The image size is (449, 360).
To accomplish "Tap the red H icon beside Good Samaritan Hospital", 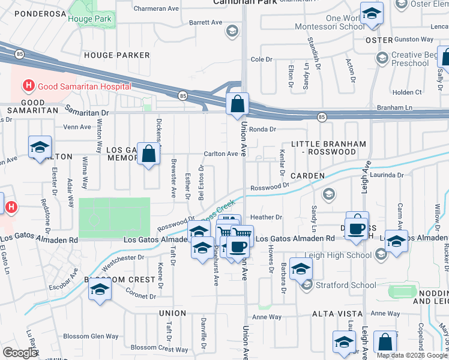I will click(x=28, y=86).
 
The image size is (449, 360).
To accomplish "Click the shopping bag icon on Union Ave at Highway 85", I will click(x=238, y=103).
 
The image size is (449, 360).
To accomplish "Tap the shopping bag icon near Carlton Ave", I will click(x=148, y=154).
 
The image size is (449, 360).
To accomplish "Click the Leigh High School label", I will click(x=342, y=255).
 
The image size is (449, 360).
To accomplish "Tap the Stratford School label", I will click(x=339, y=285).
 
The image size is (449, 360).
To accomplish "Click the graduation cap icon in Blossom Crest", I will click(x=100, y=290).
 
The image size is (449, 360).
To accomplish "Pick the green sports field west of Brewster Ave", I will click(x=114, y=217).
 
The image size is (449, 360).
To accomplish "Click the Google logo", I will click(x=20, y=352).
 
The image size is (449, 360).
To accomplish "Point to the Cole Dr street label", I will click(x=261, y=59).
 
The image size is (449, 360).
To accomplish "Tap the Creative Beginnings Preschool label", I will click(x=414, y=59).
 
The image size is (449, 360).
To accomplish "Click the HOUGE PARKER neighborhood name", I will click(x=117, y=55).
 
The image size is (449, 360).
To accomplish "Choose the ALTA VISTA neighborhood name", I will click(x=337, y=314).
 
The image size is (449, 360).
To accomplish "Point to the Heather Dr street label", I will click(x=266, y=217).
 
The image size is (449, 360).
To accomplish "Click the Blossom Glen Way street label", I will click(x=91, y=337).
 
